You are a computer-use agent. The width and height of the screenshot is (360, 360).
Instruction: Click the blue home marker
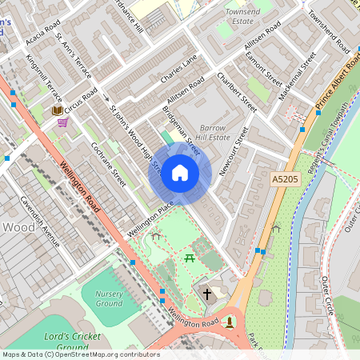point(180,173)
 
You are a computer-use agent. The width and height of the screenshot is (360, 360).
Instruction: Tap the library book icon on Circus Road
point(57,110)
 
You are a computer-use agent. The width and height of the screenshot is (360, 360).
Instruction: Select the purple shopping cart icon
point(62,123)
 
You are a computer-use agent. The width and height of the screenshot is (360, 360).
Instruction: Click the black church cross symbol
point(207,294)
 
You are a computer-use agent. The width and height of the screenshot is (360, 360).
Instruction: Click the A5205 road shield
point(285,179)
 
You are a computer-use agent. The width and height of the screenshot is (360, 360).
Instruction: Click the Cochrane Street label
point(108,166)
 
